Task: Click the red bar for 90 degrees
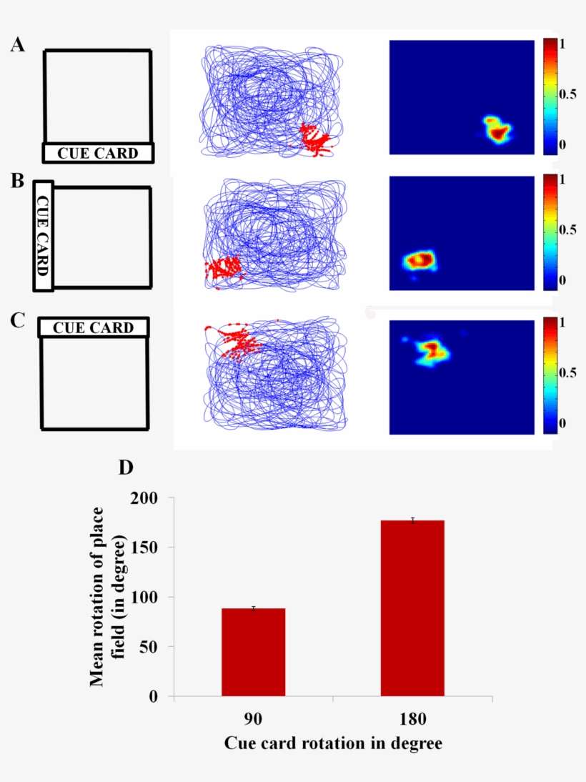tap(254, 652)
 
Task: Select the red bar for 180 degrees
tap(412, 608)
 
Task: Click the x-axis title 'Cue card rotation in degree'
tap(333, 743)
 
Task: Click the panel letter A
tap(18, 45)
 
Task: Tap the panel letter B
tap(18, 180)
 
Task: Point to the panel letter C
tap(18, 319)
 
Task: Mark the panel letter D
tap(126, 468)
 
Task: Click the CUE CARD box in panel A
tap(98, 153)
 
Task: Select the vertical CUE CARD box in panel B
tap(43, 237)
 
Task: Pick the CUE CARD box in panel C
tap(94, 327)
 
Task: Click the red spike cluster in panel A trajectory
tap(314, 139)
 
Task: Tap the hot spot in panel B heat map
tap(419, 260)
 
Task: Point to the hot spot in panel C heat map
tap(432, 350)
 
